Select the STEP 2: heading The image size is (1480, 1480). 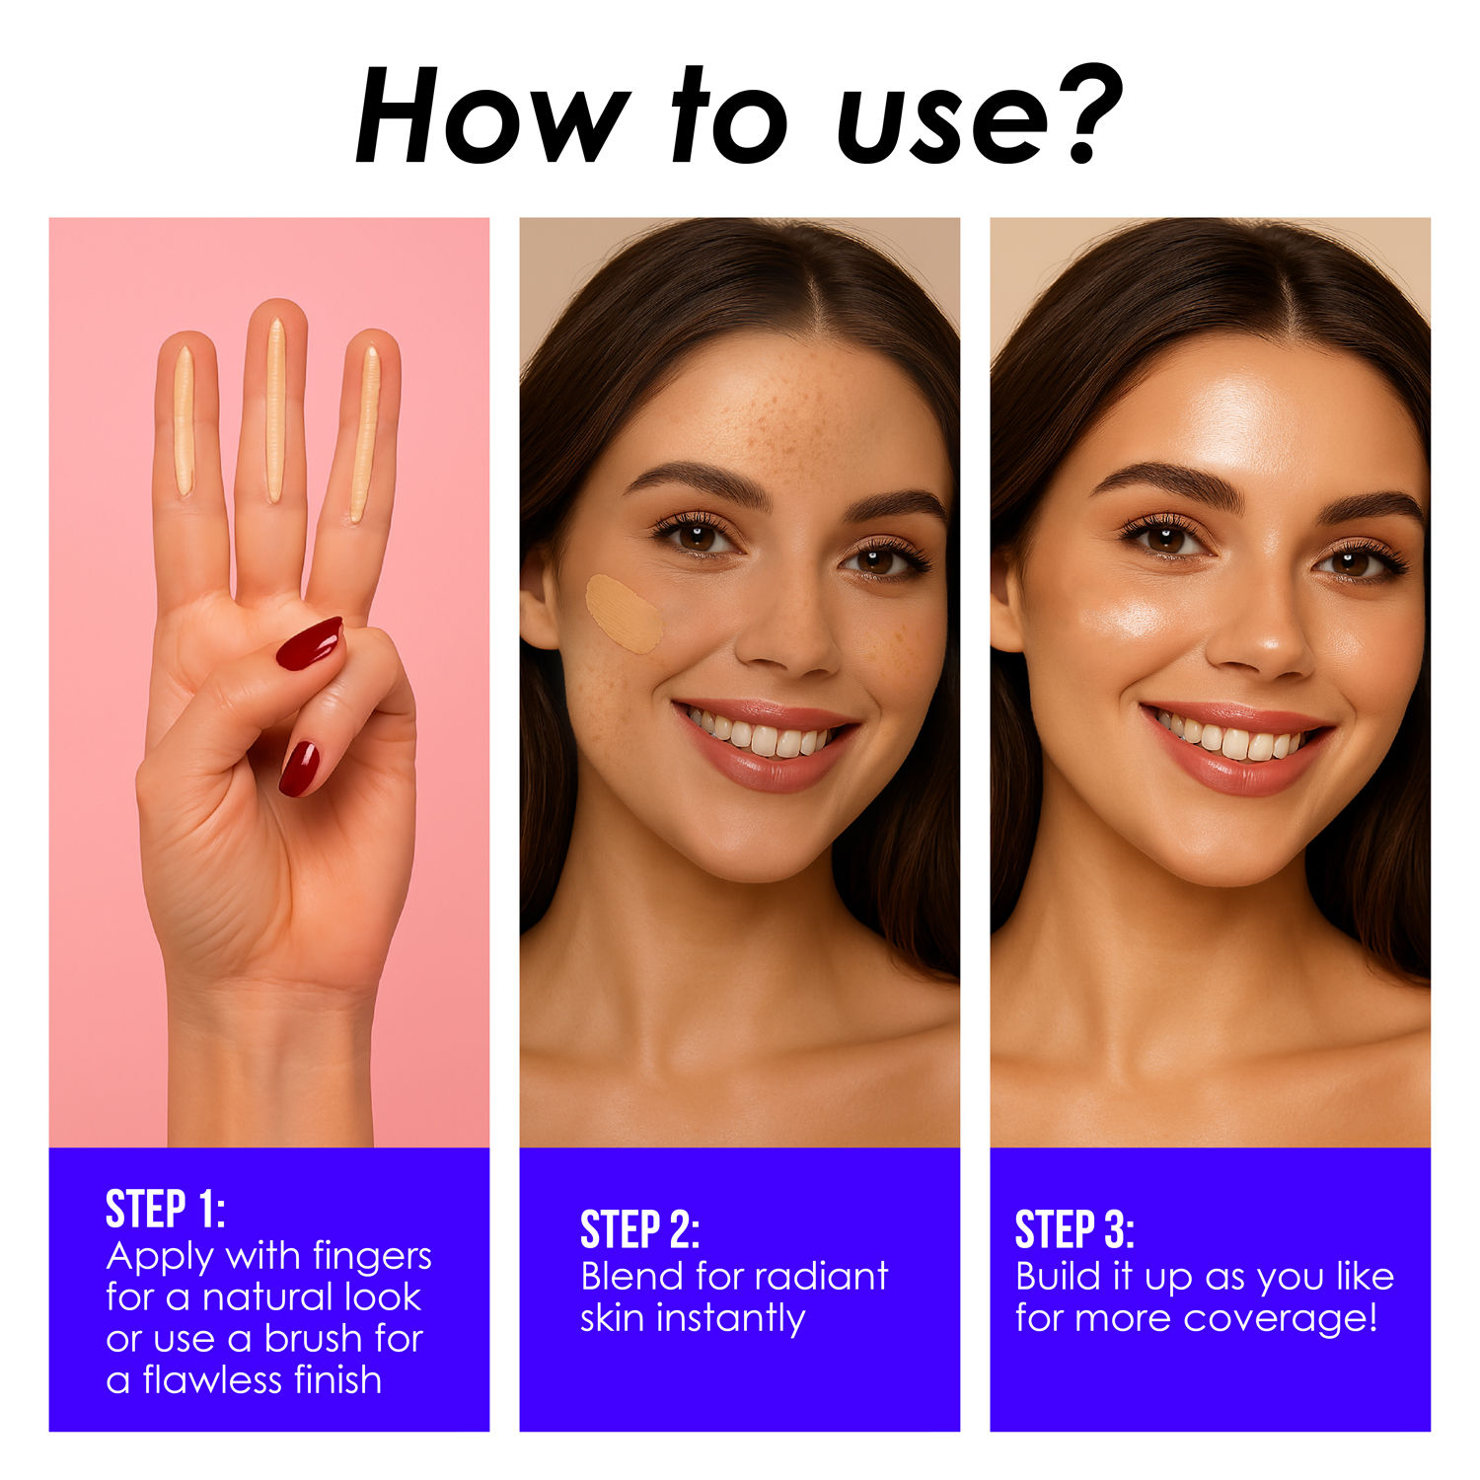(639, 1229)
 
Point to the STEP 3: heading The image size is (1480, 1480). (1074, 1229)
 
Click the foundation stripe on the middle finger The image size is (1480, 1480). (275, 409)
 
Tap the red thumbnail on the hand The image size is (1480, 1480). (309, 643)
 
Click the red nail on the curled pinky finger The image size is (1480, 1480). (298, 768)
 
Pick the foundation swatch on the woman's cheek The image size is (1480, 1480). (624, 613)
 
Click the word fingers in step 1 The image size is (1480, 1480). (372, 1257)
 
